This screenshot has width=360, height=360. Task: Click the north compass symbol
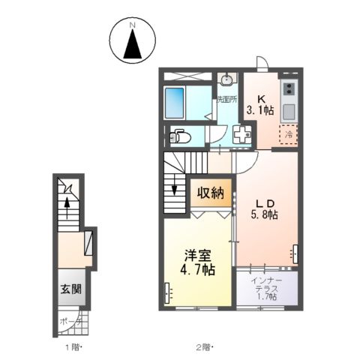click(x=133, y=42)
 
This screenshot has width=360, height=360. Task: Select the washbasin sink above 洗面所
click(x=226, y=79)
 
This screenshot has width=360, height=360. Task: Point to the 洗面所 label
click(x=226, y=99)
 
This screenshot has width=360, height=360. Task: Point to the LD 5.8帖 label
click(x=264, y=208)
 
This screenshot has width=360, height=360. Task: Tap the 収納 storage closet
click(x=211, y=193)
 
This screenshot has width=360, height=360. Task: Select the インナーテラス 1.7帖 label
click(x=267, y=287)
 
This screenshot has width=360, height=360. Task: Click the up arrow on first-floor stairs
click(x=67, y=202)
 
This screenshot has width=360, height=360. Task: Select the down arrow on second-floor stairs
click(x=175, y=189)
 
